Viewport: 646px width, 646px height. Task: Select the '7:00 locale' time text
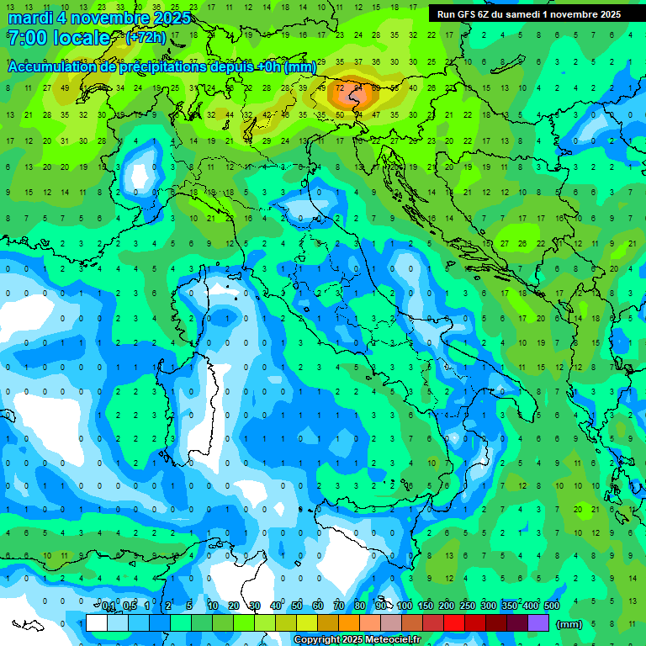click(x=58, y=38)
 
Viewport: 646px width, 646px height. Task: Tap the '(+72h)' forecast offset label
click(x=146, y=38)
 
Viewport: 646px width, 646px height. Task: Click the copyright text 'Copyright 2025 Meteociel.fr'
click(x=357, y=640)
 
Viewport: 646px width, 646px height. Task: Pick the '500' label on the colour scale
click(x=552, y=606)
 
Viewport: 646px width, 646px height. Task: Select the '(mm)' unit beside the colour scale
click(x=569, y=624)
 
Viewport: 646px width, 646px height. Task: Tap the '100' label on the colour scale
click(x=405, y=606)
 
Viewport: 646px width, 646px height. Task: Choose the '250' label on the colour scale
click(x=468, y=606)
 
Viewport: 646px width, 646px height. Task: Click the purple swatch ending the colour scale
click(x=538, y=623)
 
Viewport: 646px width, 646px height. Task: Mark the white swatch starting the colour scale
click(x=97, y=623)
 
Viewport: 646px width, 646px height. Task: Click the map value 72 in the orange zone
click(x=340, y=87)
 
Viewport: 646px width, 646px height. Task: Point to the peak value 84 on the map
click(x=357, y=87)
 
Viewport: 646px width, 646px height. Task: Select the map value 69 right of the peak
click(x=376, y=87)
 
